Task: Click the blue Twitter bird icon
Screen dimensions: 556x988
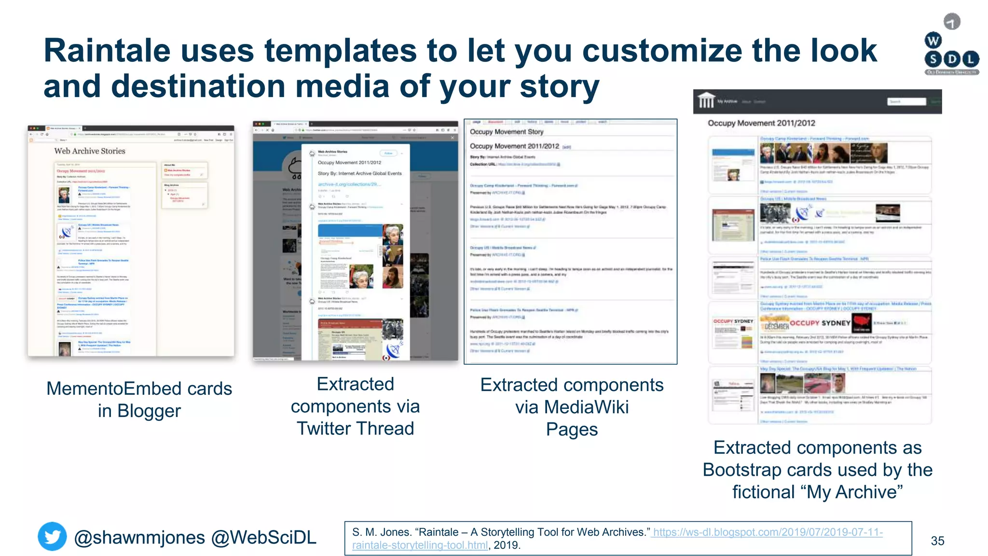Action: click(x=52, y=536)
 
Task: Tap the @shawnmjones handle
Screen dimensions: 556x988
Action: click(x=139, y=538)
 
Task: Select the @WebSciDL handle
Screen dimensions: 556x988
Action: click(x=264, y=538)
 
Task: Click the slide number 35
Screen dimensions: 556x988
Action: click(x=937, y=541)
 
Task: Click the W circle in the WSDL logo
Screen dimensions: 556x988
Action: click(x=933, y=41)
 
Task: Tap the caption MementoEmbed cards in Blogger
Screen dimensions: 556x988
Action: click(x=139, y=399)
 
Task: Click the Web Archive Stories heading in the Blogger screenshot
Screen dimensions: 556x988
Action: click(x=90, y=151)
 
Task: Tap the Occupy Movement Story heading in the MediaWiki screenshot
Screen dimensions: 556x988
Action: click(x=507, y=132)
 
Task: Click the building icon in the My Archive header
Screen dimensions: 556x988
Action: click(x=706, y=101)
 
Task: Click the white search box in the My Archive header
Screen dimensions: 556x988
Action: click(x=906, y=101)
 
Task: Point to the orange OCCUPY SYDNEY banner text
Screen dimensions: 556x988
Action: click(x=820, y=323)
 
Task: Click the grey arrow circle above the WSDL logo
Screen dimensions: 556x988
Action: click(x=952, y=22)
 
